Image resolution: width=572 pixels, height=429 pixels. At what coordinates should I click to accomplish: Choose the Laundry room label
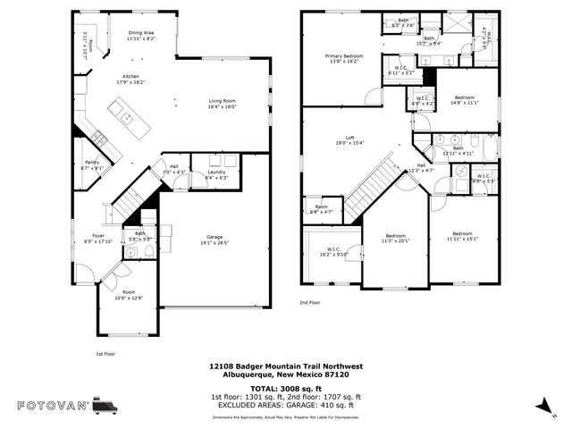click(216, 173)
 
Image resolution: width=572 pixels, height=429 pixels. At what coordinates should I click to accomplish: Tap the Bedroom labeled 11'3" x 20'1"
click(394, 238)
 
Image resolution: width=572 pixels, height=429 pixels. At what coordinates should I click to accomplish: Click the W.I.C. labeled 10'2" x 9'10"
click(333, 251)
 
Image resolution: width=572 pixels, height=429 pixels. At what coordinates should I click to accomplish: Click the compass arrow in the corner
click(542, 406)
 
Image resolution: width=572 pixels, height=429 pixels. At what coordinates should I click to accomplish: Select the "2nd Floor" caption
click(309, 303)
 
